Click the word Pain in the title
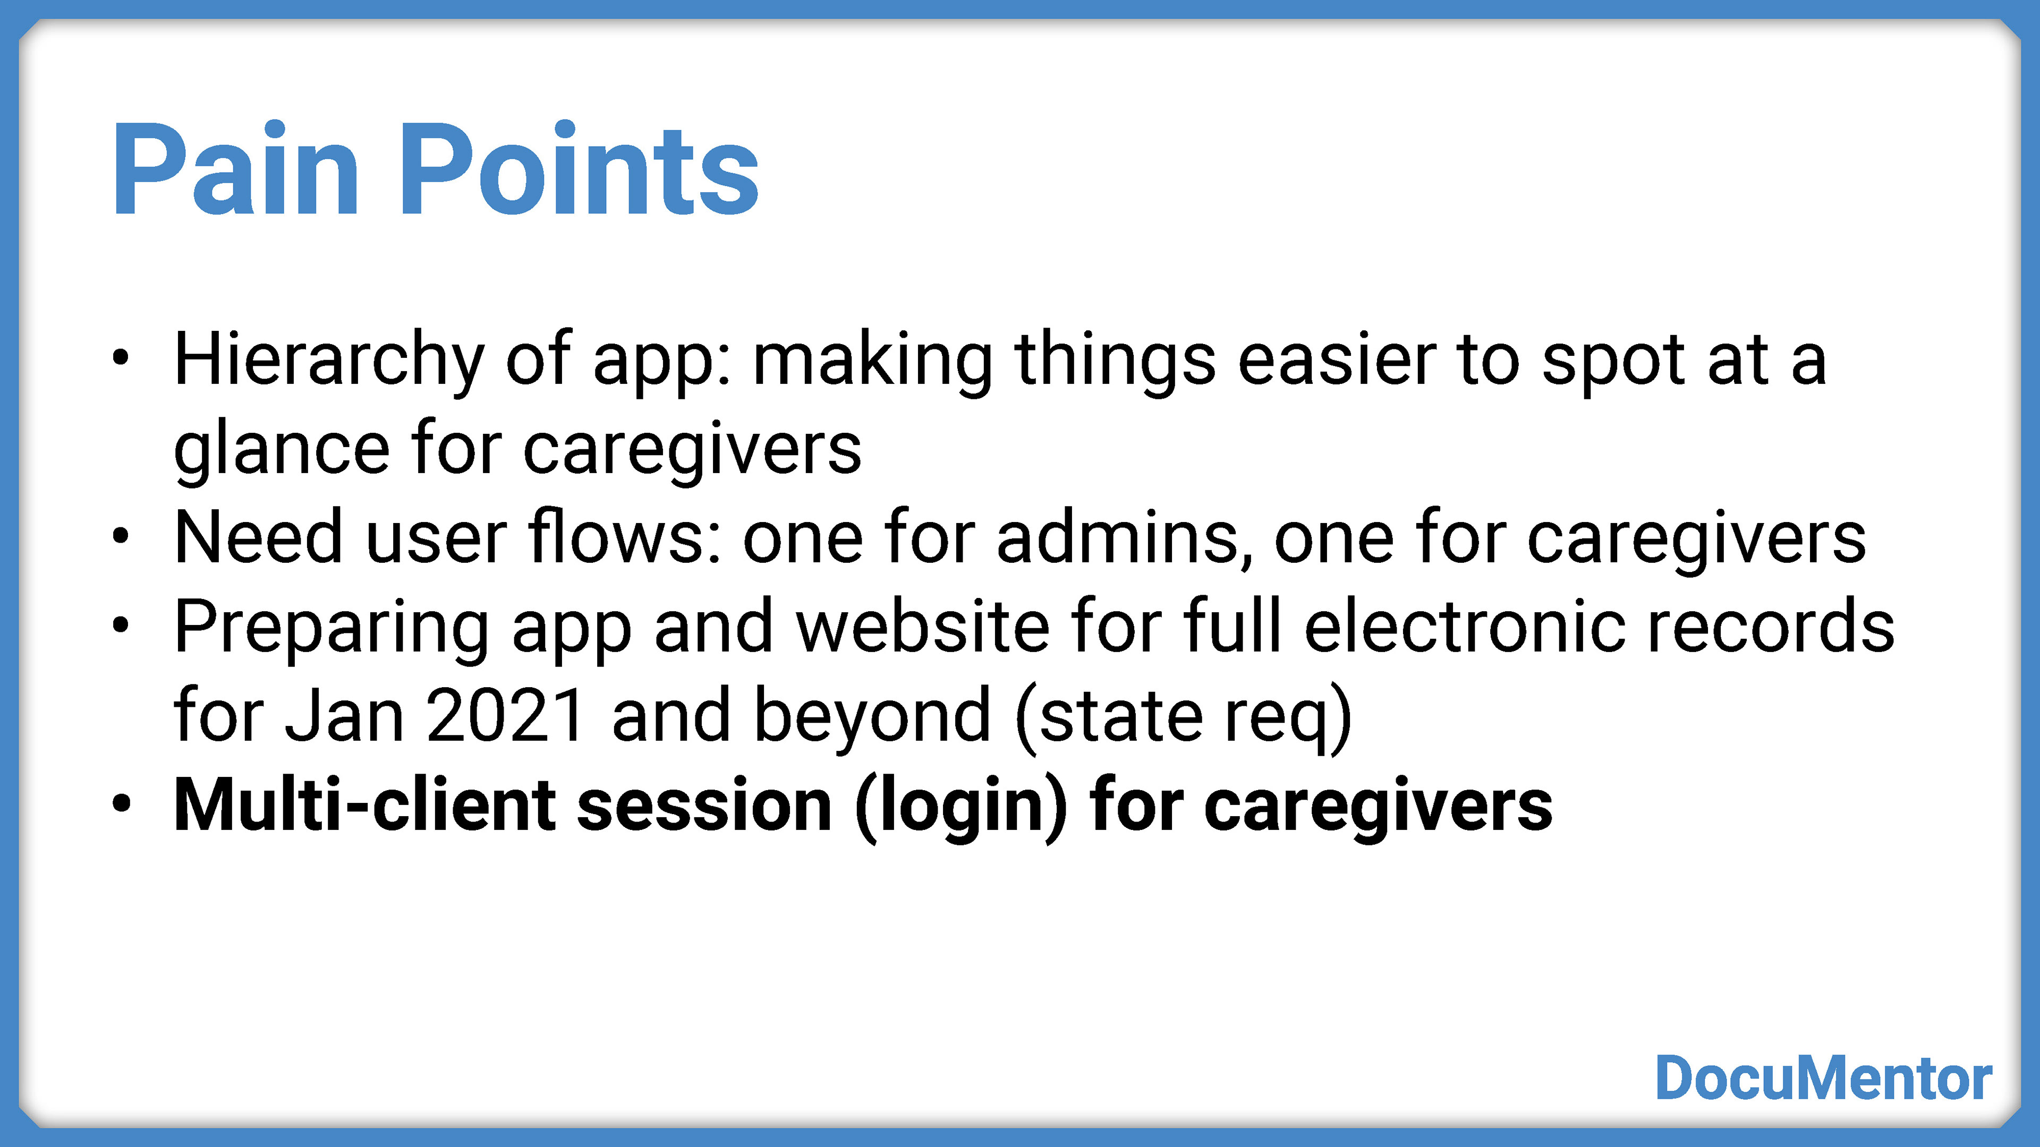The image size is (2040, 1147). coord(236,169)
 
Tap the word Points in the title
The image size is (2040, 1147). coord(579,169)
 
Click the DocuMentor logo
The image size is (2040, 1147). coord(1824,1077)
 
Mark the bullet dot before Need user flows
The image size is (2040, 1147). coord(121,537)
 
